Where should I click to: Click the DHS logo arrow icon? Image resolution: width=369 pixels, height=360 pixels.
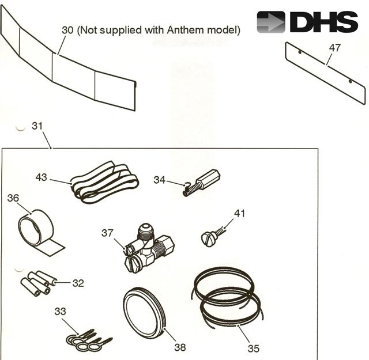pos(271,22)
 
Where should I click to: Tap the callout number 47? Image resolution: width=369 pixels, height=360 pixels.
pos(334,48)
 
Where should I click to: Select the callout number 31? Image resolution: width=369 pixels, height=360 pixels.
pos(37,126)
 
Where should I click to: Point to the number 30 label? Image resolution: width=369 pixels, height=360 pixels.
pos(68,30)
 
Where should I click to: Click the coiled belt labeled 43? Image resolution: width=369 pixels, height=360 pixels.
pos(105,183)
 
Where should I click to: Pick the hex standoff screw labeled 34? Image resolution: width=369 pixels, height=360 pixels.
pos(202,183)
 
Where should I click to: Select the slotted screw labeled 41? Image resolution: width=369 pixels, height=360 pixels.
pos(213,236)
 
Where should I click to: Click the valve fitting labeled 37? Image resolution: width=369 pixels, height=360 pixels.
pos(149,249)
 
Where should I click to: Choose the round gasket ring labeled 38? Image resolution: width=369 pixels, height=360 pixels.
pos(145,313)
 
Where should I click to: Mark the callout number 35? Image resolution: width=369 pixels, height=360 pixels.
pos(254,348)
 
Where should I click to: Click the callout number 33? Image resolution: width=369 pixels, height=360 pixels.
pos(60,311)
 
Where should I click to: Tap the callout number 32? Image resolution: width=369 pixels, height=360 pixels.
pos(78,283)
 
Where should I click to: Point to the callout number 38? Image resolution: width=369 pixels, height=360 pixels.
pos(180,347)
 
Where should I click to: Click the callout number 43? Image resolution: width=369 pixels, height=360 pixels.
pos(41,177)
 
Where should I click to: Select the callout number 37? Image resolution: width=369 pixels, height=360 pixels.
pos(107,233)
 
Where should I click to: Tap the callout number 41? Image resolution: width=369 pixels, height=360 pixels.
pos(240,213)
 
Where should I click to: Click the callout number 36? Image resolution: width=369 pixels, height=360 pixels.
pos(13,198)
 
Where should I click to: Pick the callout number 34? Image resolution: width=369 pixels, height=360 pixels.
pos(160,180)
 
